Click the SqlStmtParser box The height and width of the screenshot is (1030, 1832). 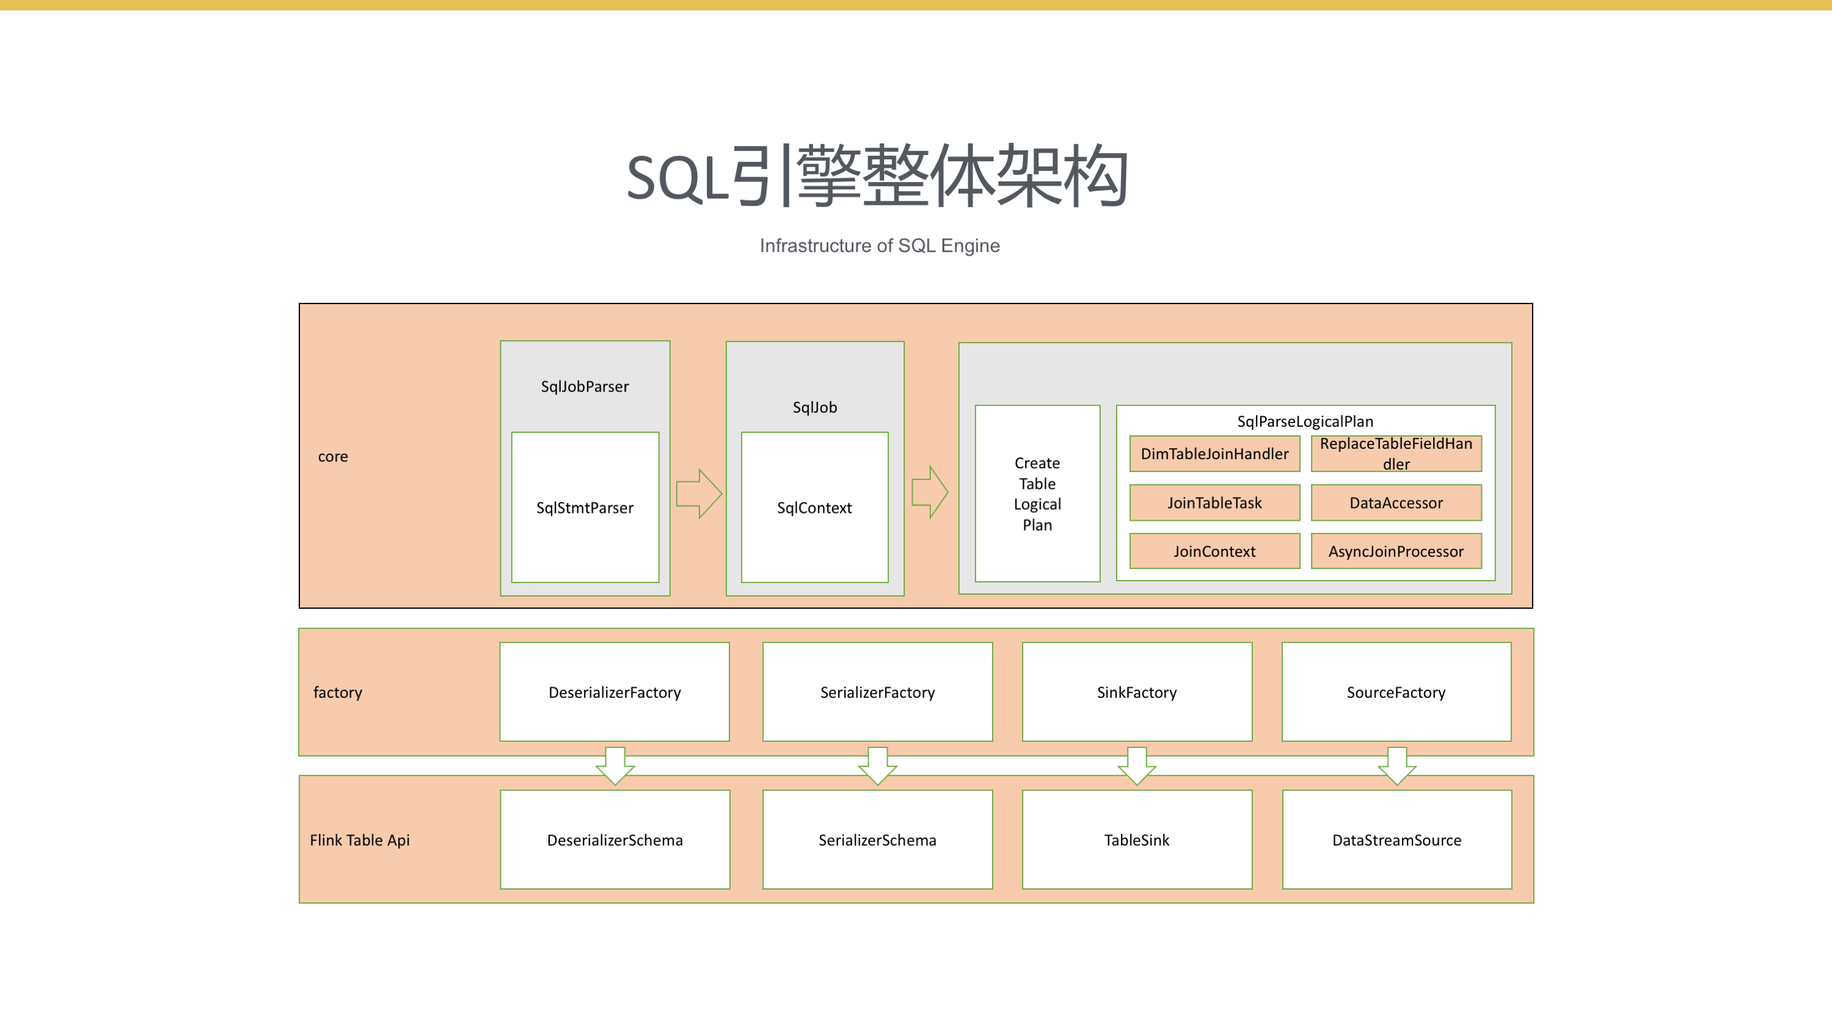(x=585, y=507)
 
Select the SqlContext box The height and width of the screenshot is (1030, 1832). (x=814, y=507)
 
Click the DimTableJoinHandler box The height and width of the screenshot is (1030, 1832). (x=1214, y=454)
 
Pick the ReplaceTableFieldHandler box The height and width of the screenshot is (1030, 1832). (x=1396, y=454)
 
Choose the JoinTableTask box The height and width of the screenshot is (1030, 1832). (x=1214, y=502)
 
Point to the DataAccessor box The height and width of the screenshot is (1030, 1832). (x=1396, y=502)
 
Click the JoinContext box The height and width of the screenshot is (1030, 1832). (x=1214, y=551)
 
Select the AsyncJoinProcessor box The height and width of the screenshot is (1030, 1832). (x=1396, y=551)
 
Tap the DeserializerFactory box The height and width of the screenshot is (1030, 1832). (x=615, y=692)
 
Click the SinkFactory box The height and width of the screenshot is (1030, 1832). (x=1136, y=692)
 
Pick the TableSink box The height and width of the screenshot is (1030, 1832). (x=1136, y=840)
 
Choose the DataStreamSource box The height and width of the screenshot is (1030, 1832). (x=1397, y=840)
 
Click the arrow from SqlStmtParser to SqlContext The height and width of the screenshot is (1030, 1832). (x=698, y=493)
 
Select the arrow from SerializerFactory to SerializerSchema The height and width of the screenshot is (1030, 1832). (x=878, y=766)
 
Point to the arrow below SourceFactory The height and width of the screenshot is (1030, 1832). (x=1397, y=766)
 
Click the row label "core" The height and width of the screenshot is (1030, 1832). (x=333, y=456)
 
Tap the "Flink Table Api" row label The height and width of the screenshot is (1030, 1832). (x=360, y=840)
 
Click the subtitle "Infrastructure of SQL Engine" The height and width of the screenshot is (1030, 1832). (x=880, y=245)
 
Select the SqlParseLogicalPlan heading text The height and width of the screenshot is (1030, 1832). (x=1305, y=421)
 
